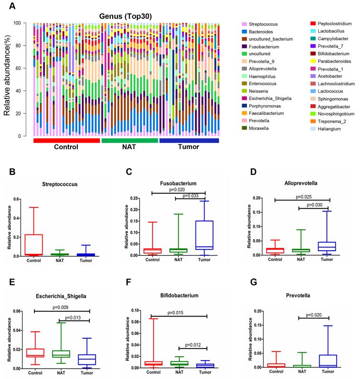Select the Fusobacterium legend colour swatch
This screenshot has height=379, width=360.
point(244,47)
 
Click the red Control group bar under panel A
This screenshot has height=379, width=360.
point(66,140)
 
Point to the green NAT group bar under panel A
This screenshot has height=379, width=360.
point(130,140)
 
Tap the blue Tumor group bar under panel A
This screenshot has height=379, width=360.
point(189,140)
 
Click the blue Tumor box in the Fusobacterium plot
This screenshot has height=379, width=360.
point(204,235)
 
